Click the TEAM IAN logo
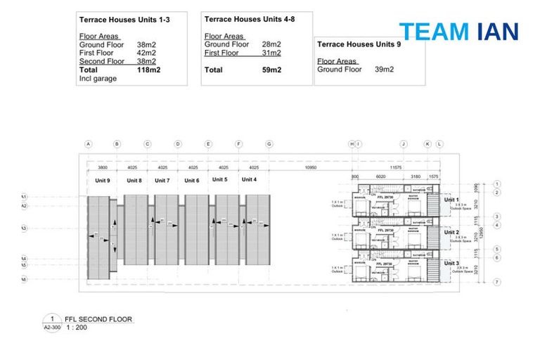tap(458, 31)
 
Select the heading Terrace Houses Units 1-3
tap(124, 20)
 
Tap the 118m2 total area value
tap(149, 70)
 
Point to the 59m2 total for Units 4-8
tap(272, 70)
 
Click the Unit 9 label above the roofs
tap(103, 181)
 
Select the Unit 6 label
tap(192, 181)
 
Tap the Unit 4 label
tap(250, 180)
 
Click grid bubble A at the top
tap(89, 144)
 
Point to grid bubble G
tap(269, 144)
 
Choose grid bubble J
tap(404, 144)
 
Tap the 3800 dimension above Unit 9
tap(103, 168)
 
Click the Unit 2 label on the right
tap(451, 232)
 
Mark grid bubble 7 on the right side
tap(496, 282)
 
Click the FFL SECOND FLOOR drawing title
tap(98, 319)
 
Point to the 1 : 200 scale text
tap(76, 327)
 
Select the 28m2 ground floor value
tap(271, 44)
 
